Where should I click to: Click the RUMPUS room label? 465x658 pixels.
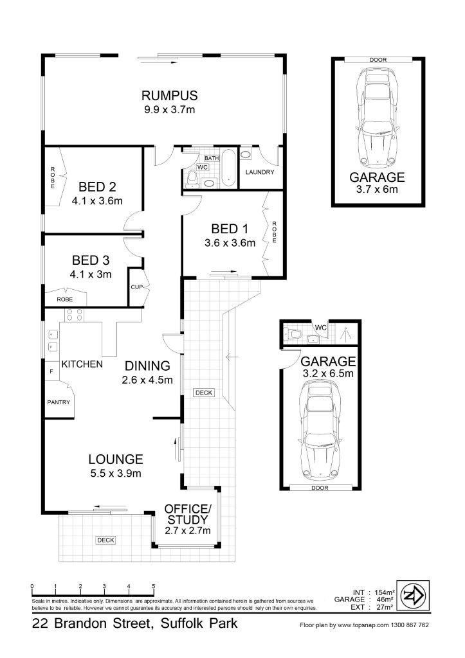[x=169, y=96]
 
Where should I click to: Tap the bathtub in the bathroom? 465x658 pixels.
[x=228, y=168]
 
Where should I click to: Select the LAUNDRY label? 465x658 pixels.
[x=260, y=172]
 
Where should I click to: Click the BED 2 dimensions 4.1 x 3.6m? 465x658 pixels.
[x=97, y=201]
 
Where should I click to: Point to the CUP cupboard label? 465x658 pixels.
[x=136, y=287]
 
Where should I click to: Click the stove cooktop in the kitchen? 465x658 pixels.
[x=75, y=315]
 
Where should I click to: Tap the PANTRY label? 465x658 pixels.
[x=59, y=402]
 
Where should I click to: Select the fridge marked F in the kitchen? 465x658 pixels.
[x=51, y=371]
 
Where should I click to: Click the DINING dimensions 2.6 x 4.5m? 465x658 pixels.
[x=147, y=380]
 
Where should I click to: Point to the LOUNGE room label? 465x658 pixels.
[x=116, y=459]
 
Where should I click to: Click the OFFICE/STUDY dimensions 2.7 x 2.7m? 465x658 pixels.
[x=187, y=531]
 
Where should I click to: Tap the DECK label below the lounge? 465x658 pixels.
[x=105, y=540]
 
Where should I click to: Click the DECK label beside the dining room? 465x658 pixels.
[x=204, y=393]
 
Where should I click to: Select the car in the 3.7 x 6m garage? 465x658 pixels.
[x=378, y=119]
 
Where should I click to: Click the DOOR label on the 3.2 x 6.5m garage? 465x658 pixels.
[x=320, y=488]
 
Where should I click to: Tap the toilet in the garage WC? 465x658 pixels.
[x=294, y=334]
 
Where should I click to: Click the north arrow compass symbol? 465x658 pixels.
[x=414, y=595]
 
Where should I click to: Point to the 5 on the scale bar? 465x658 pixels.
[x=154, y=587]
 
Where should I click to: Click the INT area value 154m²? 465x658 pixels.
[x=385, y=592]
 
